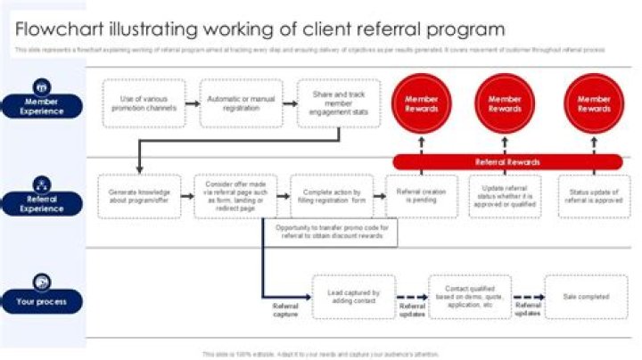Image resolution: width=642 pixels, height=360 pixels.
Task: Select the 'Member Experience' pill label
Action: coord(42,107)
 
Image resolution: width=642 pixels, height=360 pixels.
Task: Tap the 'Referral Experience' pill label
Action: coord(42,204)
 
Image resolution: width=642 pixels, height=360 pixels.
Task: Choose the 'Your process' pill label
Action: coord(42,302)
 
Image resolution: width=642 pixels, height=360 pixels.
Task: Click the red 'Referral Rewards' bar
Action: coord(507,162)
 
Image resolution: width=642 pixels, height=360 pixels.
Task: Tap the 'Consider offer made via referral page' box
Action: coord(229,196)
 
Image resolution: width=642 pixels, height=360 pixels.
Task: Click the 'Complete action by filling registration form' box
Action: coord(331,196)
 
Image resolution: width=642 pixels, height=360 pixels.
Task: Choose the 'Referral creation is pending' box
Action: coord(421,196)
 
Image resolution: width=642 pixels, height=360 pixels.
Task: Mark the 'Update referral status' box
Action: coord(505,196)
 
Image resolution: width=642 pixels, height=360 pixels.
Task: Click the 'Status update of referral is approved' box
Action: coord(594,196)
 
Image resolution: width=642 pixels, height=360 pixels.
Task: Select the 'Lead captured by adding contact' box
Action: coord(354,297)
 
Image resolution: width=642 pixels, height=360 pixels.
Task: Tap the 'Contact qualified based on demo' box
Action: coord(469,297)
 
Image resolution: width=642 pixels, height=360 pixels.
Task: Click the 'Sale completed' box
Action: coord(587,297)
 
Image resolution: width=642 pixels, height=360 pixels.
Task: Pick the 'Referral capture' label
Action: coord(285,309)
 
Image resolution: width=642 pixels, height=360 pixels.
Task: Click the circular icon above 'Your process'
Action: coord(42,282)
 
